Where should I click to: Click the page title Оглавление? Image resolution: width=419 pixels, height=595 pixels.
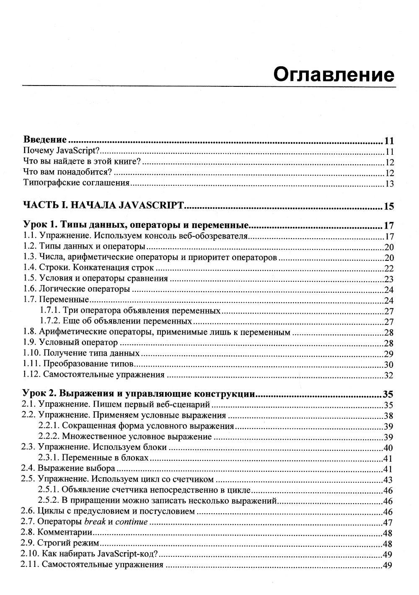(x=334, y=75)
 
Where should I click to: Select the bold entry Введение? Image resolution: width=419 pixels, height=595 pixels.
(x=45, y=140)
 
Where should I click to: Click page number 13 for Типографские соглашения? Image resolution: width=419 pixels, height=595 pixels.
(x=389, y=184)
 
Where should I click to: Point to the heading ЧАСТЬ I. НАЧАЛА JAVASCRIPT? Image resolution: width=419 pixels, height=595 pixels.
(x=103, y=205)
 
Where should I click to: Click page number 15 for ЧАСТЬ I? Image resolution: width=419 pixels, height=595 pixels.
(x=389, y=206)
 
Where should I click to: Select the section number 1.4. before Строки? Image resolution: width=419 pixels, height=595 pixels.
(x=30, y=268)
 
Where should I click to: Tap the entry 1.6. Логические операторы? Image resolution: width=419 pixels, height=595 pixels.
(x=77, y=289)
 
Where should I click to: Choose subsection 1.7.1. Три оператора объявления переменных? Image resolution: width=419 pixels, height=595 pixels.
(x=130, y=311)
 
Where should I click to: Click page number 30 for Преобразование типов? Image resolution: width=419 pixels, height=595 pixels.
(x=389, y=364)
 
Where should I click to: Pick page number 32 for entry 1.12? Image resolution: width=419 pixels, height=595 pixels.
(x=389, y=375)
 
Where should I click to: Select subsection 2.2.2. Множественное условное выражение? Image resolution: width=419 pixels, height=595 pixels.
(x=125, y=437)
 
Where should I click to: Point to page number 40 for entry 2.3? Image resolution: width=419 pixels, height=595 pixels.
(x=388, y=447)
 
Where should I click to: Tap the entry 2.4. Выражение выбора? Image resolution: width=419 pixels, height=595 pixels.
(x=68, y=468)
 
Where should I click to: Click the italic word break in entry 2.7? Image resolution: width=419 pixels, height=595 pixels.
(x=95, y=522)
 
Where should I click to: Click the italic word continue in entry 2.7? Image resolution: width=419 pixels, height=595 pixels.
(x=131, y=522)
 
